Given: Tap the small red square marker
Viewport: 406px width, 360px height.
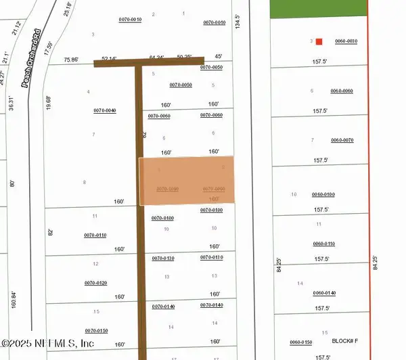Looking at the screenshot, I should click(x=319, y=41).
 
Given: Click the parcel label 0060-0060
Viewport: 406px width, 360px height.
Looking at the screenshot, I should click(x=342, y=91).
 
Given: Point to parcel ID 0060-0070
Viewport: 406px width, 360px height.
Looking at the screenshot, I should click(x=342, y=140).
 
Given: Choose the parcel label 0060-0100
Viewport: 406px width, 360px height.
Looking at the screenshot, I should click(x=323, y=195).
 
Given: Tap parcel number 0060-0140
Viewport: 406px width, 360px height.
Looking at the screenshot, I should click(x=324, y=293).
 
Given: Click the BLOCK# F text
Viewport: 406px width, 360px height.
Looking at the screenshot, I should click(x=346, y=342).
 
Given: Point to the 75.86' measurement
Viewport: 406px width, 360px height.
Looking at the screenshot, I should click(x=70, y=60).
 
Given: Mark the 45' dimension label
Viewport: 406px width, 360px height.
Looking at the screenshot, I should click(x=218, y=57).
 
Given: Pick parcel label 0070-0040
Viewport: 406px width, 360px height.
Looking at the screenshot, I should click(x=105, y=110).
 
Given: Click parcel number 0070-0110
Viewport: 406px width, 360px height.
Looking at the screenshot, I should click(x=95, y=235).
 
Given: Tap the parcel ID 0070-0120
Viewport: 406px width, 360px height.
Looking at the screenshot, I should click(x=95, y=283).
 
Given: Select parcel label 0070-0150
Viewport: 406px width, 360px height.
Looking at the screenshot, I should click(x=95, y=330).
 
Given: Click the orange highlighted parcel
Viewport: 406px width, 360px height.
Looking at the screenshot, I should click(x=187, y=181).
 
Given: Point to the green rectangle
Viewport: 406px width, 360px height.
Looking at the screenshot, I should click(x=318, y=9).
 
